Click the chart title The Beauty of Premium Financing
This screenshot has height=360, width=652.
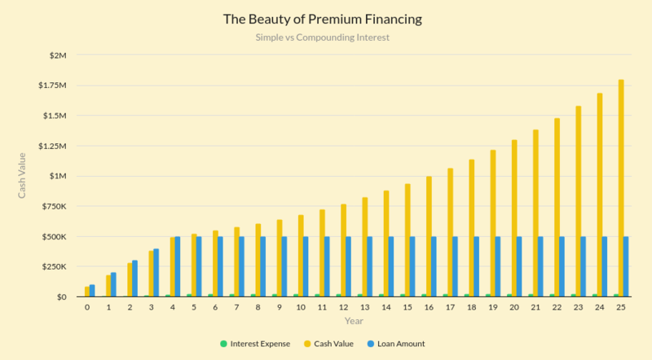(x=325, y=18)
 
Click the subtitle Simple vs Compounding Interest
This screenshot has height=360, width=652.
(x=325, y=37)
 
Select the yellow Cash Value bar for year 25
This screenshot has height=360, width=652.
(x=621, y=188)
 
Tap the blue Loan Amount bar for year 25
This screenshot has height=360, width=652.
(x=627, y=266)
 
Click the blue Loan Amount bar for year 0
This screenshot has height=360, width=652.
(x=92, y=291)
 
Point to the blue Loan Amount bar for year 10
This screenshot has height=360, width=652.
(x=306, y=266)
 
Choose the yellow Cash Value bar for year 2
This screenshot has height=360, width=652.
(x=129, y=279)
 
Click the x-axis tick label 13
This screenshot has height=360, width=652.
(x=364, y=309)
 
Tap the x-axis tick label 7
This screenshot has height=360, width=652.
(x=236, y=309)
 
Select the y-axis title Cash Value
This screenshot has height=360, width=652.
(x=23, y=176)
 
